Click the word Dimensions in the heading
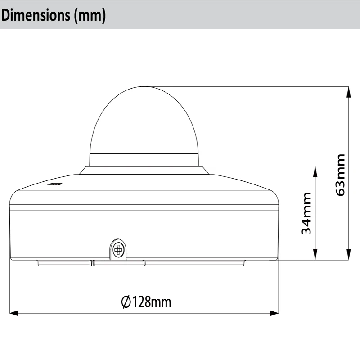[x=36, y=15]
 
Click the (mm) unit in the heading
[x=90, y=16]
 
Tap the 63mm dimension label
[x=341, y=175]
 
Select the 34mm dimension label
[x=306, y=213]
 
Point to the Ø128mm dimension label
[x=146, y=302]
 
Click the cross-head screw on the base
[x=118, y=250]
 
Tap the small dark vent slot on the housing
[x=54, y=184]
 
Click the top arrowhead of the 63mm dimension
[x=348, y=92]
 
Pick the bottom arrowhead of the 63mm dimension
[x=348, y=254]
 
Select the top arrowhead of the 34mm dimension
[x=315, y=171]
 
